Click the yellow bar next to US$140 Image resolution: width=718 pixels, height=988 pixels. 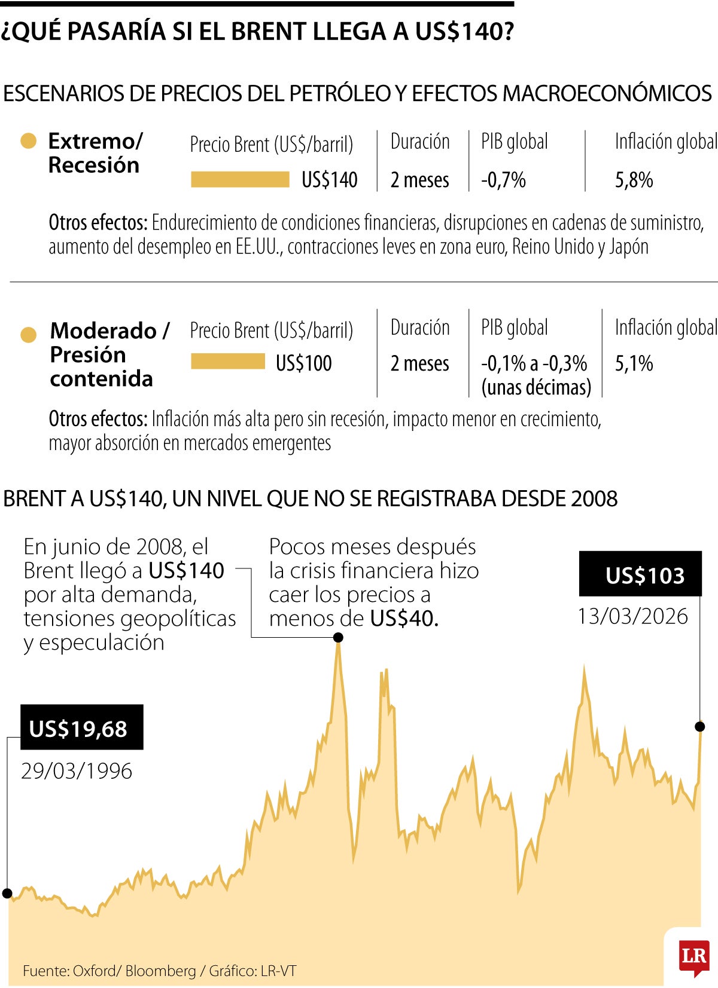coord(240,179)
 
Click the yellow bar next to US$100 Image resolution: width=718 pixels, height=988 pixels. coord(228,362)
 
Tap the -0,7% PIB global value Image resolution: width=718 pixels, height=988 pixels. coord(503,179)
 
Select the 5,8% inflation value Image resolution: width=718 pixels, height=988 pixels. coord(634,179)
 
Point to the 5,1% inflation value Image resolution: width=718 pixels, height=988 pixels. coord(634,363)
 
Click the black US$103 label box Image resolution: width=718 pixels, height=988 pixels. coord(640,574)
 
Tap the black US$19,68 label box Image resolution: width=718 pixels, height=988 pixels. coord(82,727)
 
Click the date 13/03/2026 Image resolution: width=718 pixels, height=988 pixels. coord(632,616)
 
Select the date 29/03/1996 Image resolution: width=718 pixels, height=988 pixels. coord(77,770)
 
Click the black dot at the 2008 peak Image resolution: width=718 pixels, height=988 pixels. coord(338,638)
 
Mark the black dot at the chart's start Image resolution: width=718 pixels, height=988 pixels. coord(7,894)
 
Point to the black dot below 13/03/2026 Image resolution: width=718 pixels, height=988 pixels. coord(700,727)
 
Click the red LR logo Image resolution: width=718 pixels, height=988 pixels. coord(694,955)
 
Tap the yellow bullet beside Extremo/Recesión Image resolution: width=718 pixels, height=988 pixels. coord(28,142)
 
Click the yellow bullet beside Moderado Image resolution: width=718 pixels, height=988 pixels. coord(28,335)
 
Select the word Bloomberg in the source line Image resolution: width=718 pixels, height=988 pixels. coord(160,971)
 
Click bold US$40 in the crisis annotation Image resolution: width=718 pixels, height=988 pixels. coord(403,618)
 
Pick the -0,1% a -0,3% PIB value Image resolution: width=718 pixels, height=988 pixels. coord(534,363)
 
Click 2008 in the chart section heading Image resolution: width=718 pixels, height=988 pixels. coord(594,498)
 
